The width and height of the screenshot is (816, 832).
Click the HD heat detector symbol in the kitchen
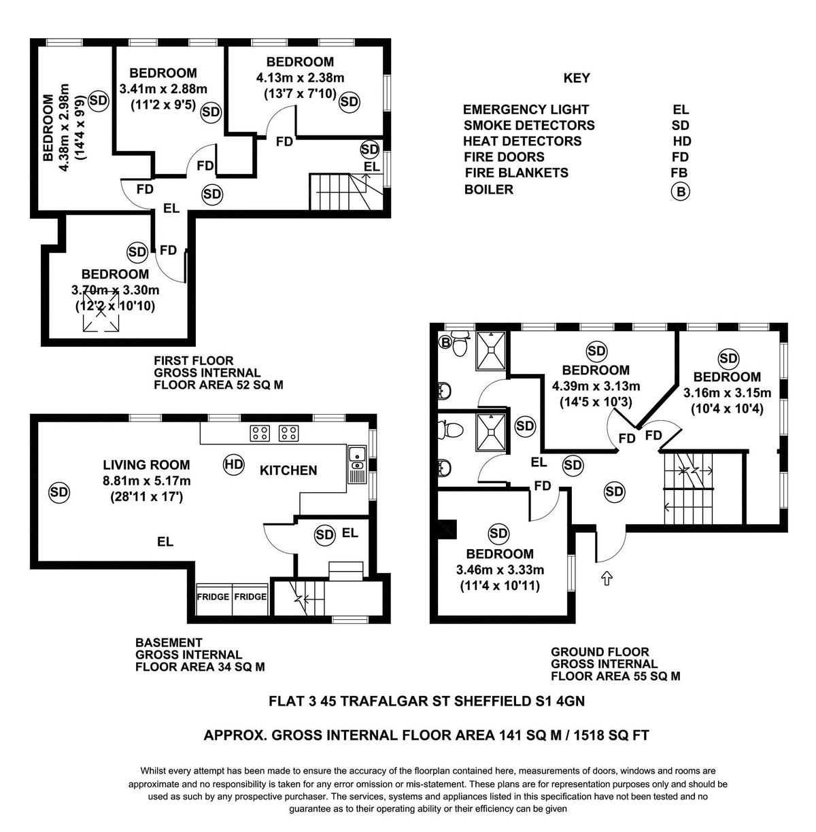point(234,464)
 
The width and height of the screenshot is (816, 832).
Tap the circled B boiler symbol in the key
point(680,191)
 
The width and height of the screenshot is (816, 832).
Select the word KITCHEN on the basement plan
point(288,470)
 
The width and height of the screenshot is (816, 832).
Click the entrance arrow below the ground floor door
point(607,578)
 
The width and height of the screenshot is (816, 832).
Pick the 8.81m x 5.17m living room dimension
point(146,481)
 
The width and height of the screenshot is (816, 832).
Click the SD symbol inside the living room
point(58,491)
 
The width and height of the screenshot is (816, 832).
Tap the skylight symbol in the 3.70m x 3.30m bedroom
point(101,311)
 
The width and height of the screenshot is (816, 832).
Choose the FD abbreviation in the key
point(680,157)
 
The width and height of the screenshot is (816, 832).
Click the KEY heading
point(576,78)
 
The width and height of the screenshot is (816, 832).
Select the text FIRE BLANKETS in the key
point(517,173)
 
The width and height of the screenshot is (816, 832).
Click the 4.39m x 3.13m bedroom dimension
point(596,385)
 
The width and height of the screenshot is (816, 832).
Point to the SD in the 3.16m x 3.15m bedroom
point(728,358)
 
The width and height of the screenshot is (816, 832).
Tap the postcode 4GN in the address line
point(570,701)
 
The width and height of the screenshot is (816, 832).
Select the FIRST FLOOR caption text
point(194,360)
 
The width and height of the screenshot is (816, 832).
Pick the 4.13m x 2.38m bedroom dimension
point(301,77)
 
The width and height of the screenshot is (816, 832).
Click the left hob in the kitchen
point(260,433)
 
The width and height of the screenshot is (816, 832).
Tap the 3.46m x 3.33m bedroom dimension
point(500,570)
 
